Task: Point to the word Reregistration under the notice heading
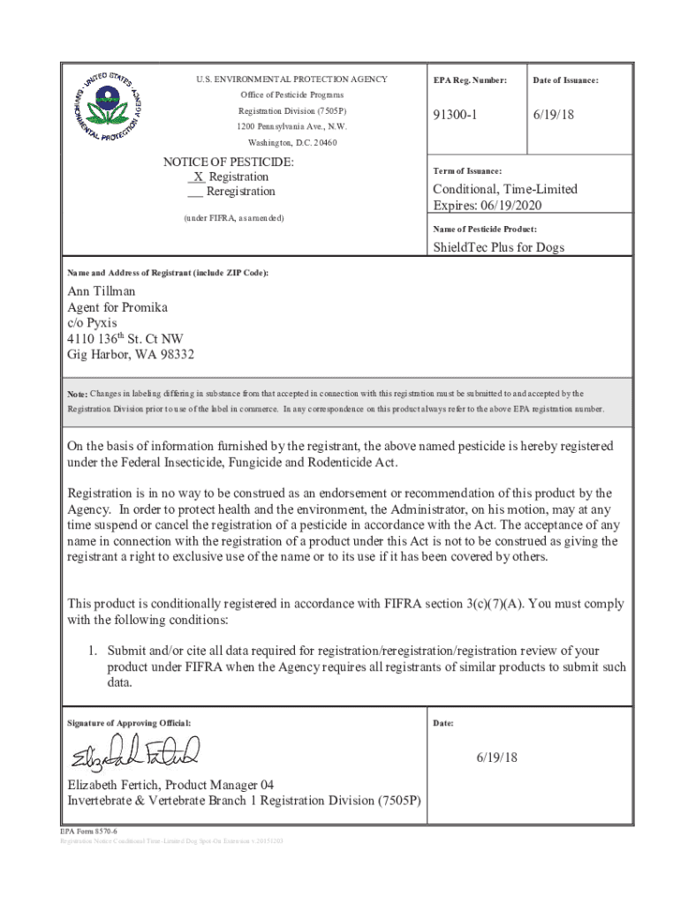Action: pos(241,192)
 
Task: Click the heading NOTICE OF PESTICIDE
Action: pos(229,162)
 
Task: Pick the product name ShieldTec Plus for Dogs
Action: pos(498,247)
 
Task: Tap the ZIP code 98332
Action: pos(173,355)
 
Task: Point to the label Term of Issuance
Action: pos(467,170)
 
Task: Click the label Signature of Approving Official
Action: pos(129,724)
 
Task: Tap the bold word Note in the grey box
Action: pos(77,394)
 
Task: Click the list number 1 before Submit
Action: pos(90,650)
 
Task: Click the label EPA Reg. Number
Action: pos(470,80)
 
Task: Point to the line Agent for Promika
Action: pos(117,308)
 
